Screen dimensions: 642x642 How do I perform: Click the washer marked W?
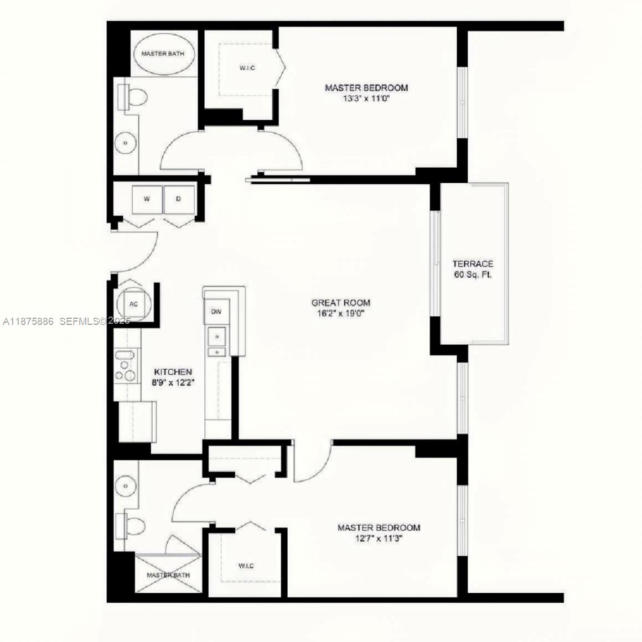[147, 199]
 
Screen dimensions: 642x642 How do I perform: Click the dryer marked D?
[178, 199]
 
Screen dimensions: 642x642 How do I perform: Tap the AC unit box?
[133, 304]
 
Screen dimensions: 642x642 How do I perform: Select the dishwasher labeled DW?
[216, 312]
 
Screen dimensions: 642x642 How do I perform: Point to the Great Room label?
[341, 303]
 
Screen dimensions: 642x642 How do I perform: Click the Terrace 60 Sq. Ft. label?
[473, 269]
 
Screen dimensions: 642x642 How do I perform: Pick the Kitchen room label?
[173, 372]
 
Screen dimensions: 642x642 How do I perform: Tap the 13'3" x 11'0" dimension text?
[366, 99]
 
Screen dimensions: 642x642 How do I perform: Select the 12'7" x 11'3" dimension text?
[379, 539]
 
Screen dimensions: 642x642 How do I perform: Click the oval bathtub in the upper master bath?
[163, 54]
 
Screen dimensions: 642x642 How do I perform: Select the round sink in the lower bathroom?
[126, 486]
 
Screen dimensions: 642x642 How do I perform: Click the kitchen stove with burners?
[127, 366]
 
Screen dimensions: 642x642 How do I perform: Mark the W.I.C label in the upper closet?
[247, 68]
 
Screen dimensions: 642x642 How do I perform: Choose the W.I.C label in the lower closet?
[246, 566]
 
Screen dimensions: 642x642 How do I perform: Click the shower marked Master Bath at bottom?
[168, 576]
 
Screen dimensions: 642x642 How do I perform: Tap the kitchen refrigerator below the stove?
[137, 421]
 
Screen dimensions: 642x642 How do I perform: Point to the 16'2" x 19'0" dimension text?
[341, 313]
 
